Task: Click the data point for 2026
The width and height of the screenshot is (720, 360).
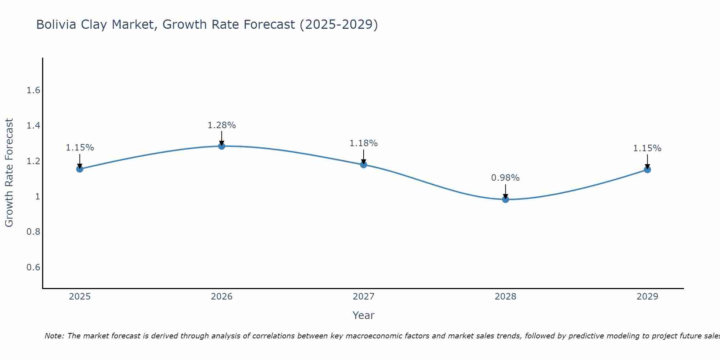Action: click(222, 146)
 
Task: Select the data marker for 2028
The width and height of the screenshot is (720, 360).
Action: click(505, 199)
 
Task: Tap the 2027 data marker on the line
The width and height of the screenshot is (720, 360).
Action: click(364, 165)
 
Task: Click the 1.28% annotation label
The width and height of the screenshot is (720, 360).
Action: click(222, 125)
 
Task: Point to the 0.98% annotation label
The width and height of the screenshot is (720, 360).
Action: click(505, 178)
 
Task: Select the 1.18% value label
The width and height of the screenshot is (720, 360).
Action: click(364, 143)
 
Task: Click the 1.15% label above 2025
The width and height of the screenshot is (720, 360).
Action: click(80, 148)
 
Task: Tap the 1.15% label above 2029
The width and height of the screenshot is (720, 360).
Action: click(647, 148)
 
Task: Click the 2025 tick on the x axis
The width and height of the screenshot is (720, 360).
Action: click(80, 297)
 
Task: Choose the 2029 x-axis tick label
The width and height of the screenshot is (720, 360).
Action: click(647, 297)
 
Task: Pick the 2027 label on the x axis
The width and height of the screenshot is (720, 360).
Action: click(364, 297)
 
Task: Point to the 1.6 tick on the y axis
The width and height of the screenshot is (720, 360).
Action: click(33, 90)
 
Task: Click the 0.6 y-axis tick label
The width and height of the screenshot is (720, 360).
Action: click(33, 267)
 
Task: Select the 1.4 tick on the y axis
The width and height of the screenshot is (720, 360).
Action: click(33, 126)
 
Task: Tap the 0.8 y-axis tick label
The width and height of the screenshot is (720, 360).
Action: click(33, 232)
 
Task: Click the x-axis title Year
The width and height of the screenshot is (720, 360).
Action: click(364, 315)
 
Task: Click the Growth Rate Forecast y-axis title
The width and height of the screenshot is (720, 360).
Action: click(9, 173)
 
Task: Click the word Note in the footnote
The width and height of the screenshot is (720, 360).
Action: click(54, 336)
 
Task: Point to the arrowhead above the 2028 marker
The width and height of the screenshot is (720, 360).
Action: click(505, 197)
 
